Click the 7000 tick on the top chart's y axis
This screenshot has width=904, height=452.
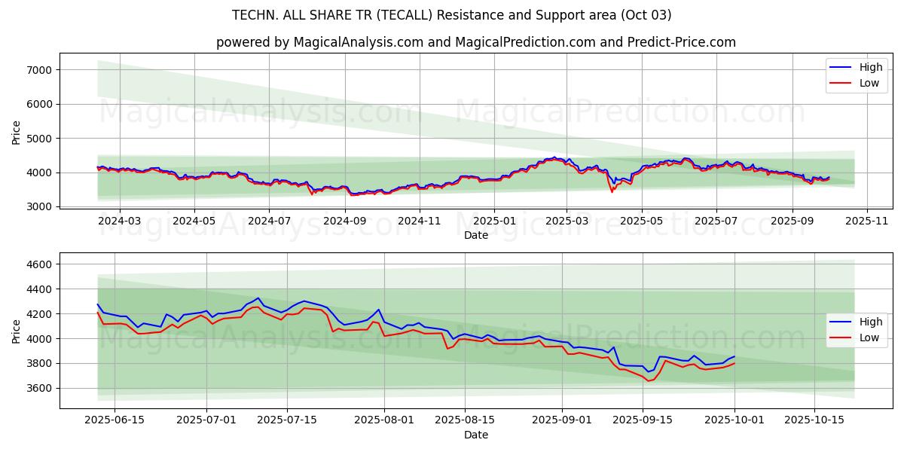38,70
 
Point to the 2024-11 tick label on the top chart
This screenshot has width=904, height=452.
419,221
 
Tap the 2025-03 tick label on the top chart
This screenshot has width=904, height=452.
567,221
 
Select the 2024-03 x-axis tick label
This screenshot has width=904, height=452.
120,221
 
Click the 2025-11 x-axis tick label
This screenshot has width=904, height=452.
866,221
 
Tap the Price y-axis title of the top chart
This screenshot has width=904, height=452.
17,133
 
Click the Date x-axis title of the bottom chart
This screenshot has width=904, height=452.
475,435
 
